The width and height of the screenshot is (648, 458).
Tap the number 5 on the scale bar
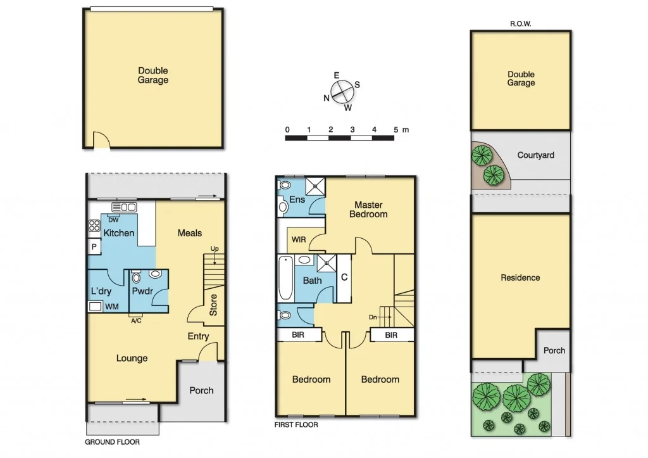(396, 129)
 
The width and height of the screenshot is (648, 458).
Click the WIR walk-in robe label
(297, 240)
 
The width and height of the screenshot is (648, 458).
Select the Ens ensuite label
(297, 200)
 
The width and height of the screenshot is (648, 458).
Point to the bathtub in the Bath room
(285, 279)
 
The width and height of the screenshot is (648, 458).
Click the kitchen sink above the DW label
(124, 207)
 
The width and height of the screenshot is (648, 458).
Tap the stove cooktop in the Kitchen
(94, 227)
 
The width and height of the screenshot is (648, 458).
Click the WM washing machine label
(111, 307)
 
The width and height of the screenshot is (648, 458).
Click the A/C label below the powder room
(135, 321)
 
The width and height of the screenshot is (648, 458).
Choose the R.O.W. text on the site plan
(520, 24)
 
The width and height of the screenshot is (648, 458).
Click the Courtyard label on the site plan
(535, 155)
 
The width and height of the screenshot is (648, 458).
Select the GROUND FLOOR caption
(113, 442)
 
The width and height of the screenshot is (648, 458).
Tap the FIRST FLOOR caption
(296, 424)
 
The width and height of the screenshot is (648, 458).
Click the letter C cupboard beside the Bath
(344, 277)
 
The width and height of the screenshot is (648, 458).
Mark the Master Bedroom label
(368, 209)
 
